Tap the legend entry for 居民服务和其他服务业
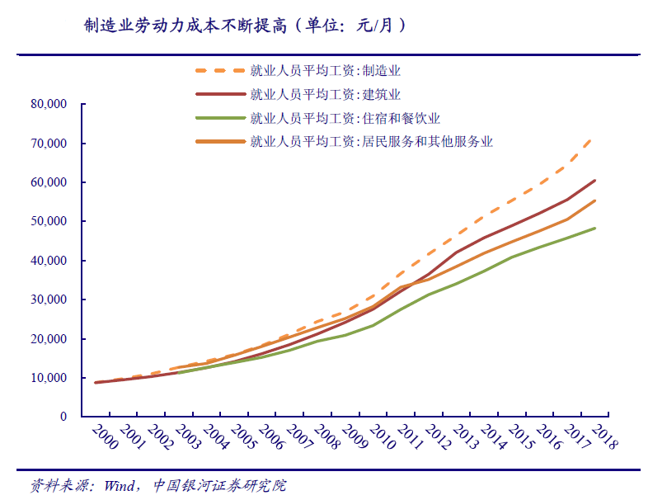(x=370, y=141)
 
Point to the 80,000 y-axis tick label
(x=47, y=105)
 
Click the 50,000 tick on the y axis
(x=47, y=222)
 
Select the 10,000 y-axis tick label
(x=47, y=379)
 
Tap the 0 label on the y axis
(x=63, y=417)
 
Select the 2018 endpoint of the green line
(x=594, y=229)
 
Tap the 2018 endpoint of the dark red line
(x=594, y=181)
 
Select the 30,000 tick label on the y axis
(x=47, y=300)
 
